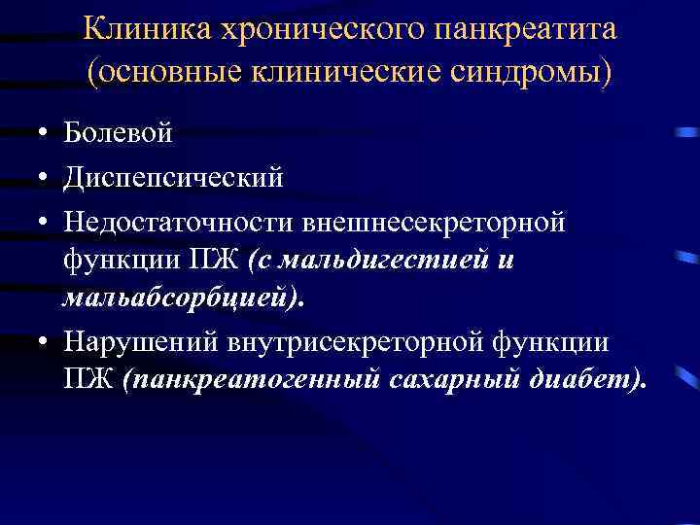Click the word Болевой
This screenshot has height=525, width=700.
pos(118,133)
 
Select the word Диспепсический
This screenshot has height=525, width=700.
pos(173,178)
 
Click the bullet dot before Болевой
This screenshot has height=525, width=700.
pos(42,134)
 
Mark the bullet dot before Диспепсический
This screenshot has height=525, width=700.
pos(42,179)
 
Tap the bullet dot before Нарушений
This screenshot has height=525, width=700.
pos(42,343)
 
